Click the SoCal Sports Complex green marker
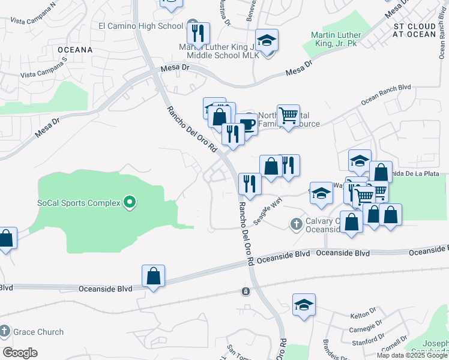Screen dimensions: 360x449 point(128,202)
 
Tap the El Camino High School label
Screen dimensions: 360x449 point(140,26)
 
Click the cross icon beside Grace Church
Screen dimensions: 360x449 point(5,331)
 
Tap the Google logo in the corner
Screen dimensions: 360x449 point(20,353)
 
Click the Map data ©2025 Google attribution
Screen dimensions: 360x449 point(412,355)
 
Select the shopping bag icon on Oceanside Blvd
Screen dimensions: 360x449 point(153,277)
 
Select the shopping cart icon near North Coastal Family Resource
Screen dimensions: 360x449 point(288,115)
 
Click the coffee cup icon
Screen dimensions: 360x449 point(246,125)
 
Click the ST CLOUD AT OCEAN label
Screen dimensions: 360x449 point(414,31)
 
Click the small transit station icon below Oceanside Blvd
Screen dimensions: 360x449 point(246,292)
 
